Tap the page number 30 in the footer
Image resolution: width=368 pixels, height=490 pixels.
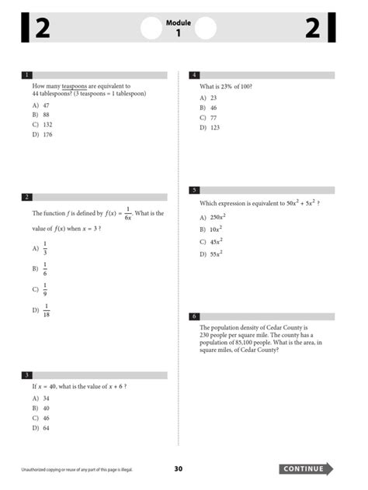pyautogui.click(x=178, y=469)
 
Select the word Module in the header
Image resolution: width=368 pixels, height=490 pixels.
pyautogui.click(x=178, y=23)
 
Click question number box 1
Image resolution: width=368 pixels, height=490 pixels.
pyautogui.click(x=27, y=75)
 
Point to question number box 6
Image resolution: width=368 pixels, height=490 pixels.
pyautogui.click(x=194, y=316)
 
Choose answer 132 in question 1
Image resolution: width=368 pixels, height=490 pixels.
pyautogui.click(x=47, y=124)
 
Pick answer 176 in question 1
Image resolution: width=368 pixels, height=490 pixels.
pyautogui.click(x=47, y=134)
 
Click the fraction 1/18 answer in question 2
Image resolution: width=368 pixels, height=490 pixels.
pyautogui.click(x=47, y=311)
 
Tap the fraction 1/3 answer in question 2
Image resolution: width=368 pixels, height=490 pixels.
pyautogui.click(x=45, y=249)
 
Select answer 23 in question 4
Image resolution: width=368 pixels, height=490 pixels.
pyautogui.click(x=213, y=98)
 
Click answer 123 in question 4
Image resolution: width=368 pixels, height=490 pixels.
pyautogui.click(x=214, y=127)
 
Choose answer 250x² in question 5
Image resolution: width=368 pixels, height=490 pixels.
pyautogui.click(x=217, y=218)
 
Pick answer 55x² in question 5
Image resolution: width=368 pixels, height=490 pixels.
pyautogui.click(x=216, y=254)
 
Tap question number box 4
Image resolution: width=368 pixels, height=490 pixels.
pyautogui.click(x=194, y=75)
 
